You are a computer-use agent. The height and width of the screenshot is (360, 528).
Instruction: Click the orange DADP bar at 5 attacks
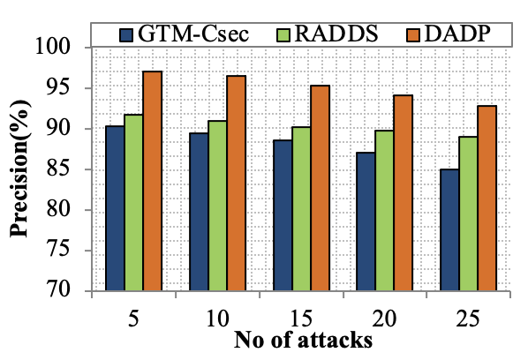point(153,181)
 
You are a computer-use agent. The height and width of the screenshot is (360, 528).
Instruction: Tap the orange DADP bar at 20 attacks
point(403,193)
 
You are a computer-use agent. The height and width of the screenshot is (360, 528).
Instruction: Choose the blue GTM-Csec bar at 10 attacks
point(199,212)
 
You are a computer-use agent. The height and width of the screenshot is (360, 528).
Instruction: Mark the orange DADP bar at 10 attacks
point(237,184)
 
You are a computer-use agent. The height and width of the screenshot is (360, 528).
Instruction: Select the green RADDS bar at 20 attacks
point(384,211)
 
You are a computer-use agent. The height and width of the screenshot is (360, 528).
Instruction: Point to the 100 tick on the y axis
point(70,48)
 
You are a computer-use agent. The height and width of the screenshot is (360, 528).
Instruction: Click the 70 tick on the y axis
point(74,291)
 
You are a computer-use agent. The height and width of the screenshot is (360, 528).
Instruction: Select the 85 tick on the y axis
point(74,169)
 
